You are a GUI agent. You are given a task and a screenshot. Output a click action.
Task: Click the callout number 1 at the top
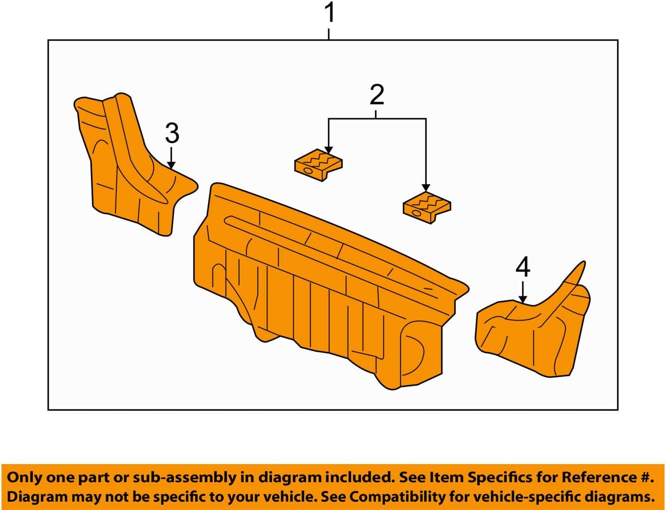coord(330,13)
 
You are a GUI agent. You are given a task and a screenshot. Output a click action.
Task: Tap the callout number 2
coord(377,95)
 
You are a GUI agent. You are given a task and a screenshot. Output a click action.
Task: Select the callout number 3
coord(172,133)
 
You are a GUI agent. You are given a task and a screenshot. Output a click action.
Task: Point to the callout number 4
coord(523,267)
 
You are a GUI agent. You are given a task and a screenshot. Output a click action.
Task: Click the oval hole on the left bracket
coord(308,170)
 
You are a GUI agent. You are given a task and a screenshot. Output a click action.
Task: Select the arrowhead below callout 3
coord(171,165)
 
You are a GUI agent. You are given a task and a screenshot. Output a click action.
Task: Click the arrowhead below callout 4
coord(523,299)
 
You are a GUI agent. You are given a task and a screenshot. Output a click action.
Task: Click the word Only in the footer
coord(24,477)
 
